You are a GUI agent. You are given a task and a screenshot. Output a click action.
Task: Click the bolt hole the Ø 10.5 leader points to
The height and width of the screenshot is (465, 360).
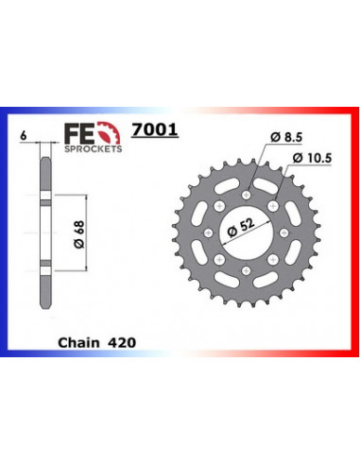click(272, 205)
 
